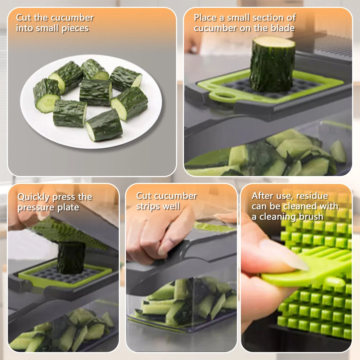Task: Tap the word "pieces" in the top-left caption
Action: [75, 28]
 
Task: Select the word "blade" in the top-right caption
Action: [283, 28]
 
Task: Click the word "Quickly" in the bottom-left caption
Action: [33, 197]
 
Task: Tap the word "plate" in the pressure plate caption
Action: [68, 208]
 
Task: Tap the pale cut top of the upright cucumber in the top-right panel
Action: [274, 42]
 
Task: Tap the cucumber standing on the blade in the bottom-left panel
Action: [71, 258]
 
